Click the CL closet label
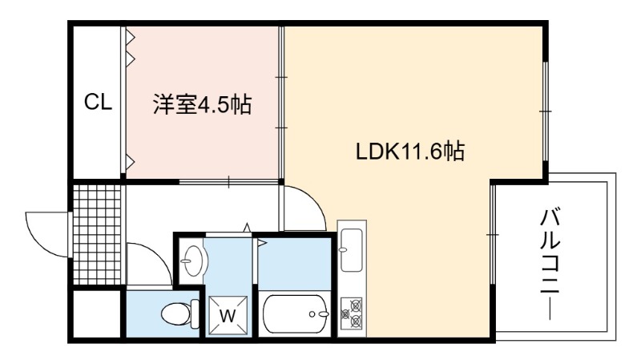point(98,102)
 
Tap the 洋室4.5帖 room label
point(203,104)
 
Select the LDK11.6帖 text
point(410,151)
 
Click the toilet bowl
point(179,314)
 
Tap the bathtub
point(295,313)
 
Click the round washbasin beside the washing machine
point(193,261)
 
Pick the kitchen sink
point(352,249)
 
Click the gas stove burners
point(352,313)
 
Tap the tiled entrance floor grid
point(97,235)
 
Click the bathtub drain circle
point(312,314)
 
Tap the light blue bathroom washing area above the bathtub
point(294,264)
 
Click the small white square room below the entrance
point(97,313)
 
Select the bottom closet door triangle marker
point(131,163)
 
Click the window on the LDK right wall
point(545,111)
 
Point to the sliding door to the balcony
point(493,234)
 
